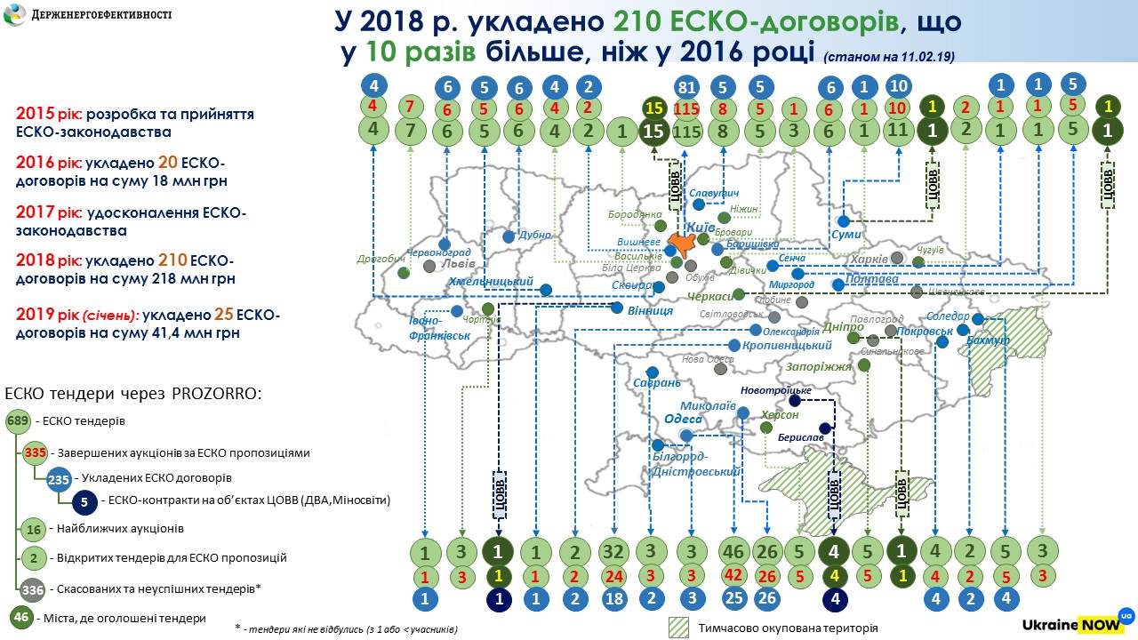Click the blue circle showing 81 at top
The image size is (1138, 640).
685,87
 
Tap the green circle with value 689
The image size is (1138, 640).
17,421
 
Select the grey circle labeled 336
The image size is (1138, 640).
32,589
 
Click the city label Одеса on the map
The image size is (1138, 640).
683,420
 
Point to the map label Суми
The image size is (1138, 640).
846,235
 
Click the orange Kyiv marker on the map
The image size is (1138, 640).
681,243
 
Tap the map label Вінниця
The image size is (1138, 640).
649,312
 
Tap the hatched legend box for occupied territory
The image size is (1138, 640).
679,627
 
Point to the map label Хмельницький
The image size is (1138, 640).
490,283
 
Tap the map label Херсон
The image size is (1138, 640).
780,415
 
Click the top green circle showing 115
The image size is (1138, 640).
685,131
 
